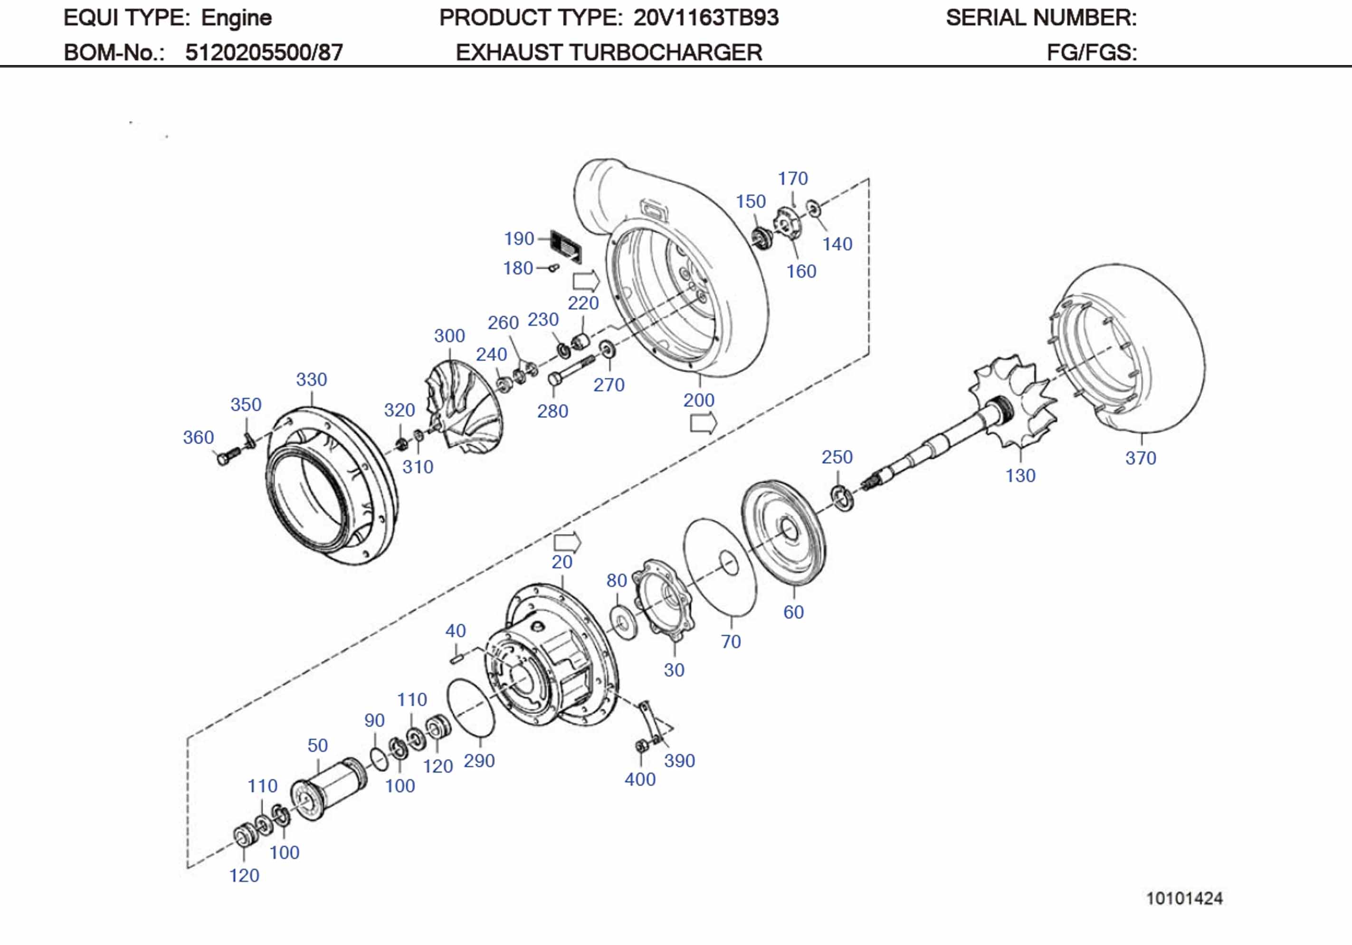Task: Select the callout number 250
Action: tap(837, 456)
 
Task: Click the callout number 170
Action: tap(792, 179)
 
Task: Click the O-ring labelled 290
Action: tap(471, 707)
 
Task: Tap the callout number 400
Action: tap(640, 779)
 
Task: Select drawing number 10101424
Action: tap(1183, 898)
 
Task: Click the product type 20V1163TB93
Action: tap(705, 18)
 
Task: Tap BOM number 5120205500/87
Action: tap(264, 52)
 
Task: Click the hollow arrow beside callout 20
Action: tap(567, 542)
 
